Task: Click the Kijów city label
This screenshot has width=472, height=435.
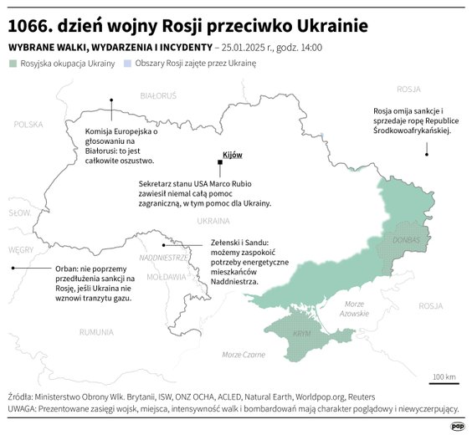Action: (x=232, y=156)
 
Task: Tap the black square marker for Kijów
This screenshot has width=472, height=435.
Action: (x=219, y=165)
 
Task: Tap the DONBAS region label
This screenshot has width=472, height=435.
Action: (x=405, y=239)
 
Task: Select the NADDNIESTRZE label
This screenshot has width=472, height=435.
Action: (x=163, y=257)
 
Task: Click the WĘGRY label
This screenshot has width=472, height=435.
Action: (x=20, y=249)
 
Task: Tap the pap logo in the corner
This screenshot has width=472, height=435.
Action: (x=458, y=426)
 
